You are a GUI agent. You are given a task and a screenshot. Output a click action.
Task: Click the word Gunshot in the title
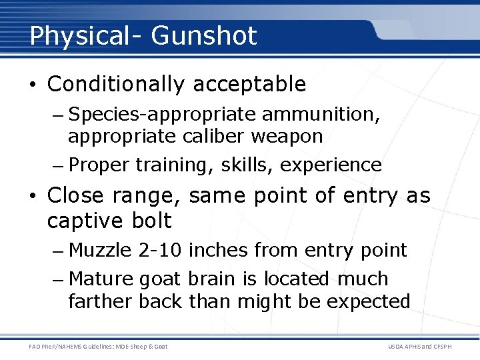tap(204, 36)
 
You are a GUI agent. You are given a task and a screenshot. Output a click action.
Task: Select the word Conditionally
tap(117, 85)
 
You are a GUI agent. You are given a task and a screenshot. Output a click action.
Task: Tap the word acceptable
tap(249, 85)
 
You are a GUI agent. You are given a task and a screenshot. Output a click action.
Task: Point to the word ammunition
tap(321, 115)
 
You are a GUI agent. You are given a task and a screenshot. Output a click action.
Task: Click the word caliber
tap(214, 137)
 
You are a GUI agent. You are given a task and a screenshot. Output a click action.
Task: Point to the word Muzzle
tap(101, 251)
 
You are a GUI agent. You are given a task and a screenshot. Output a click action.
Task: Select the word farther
tap(101, 302)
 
